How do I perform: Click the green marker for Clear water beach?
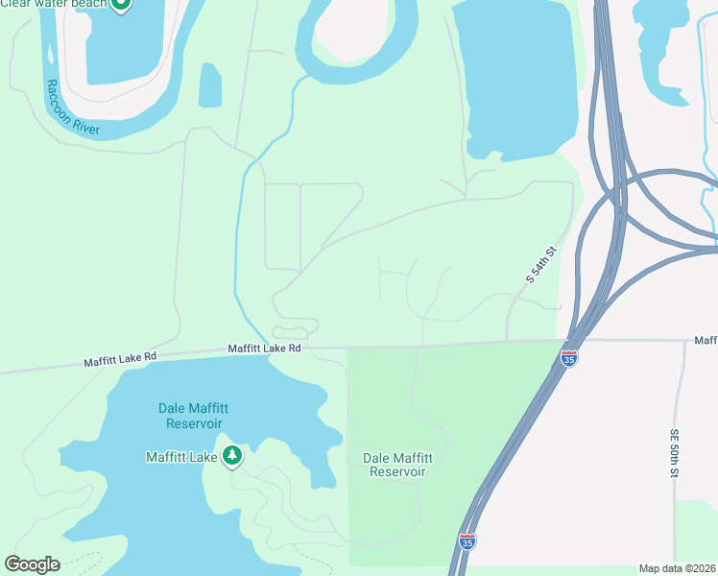pyautogui.click(x=120, y=4)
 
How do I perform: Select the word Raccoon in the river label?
pyautogui.click(x=58, y=94)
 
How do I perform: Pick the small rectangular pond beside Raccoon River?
pyautogui.click(x=210, y=85)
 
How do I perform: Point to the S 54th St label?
pyautogui.click(x=541, y=265)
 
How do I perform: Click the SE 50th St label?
pyautogui.click(x=675, y=453)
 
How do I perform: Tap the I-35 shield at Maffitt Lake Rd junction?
pyautogui.click(x=569, y=359)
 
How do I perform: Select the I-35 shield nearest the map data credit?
pyautogui.click(x=467, y=542)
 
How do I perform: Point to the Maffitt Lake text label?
pyautogui.click(x=181, y=457)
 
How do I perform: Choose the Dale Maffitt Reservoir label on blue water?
pyautogui.click(x=190, y=416)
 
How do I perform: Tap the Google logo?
pyautogui.click(x=32, y=564)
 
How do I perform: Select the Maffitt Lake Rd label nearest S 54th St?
pyautogui.click(x=265, y=348)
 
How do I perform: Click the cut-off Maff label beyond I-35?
pyautogui.click(x=706, y=341)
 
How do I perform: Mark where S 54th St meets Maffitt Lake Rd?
pyautogui.click(x=508, y=340)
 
